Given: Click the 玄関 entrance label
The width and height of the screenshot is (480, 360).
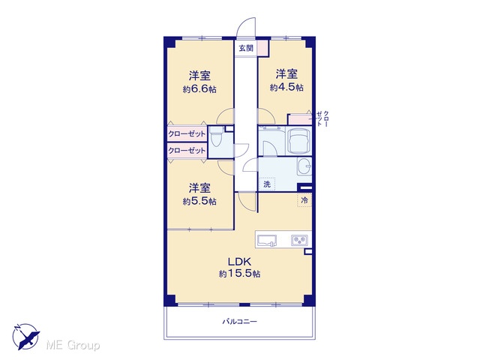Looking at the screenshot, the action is (x=246, y=48).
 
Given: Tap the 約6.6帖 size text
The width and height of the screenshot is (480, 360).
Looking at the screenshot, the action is (x=199, y=89).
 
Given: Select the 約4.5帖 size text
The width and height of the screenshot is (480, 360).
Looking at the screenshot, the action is (x=286, y=87).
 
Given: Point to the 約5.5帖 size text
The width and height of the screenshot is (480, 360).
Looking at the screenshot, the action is (x=199, y=201).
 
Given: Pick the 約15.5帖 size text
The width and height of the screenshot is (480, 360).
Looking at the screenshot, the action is (x=239, y=273).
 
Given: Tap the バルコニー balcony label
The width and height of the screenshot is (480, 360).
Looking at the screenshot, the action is (x=240, y=322).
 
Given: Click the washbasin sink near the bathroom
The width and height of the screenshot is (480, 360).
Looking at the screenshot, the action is (x=304, y=166).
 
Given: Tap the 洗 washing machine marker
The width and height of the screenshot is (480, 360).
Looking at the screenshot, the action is (x=267, y=184).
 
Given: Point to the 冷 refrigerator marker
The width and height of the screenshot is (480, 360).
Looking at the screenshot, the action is (x=304, y=200).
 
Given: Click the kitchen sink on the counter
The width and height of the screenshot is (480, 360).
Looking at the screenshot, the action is (x=267, y=240).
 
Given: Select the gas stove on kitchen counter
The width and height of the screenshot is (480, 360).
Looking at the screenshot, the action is (x=299, y=240).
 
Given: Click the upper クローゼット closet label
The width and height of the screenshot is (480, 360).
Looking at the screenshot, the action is (x=187, y=133).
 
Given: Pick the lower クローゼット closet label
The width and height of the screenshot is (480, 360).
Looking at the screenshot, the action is (x=187, y=151).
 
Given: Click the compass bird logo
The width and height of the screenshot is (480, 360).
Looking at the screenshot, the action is (x=25, y=337).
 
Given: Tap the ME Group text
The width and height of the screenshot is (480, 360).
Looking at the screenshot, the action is (x=73, y=345).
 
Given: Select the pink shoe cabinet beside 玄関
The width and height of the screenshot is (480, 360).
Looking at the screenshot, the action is (x=262, y=48).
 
